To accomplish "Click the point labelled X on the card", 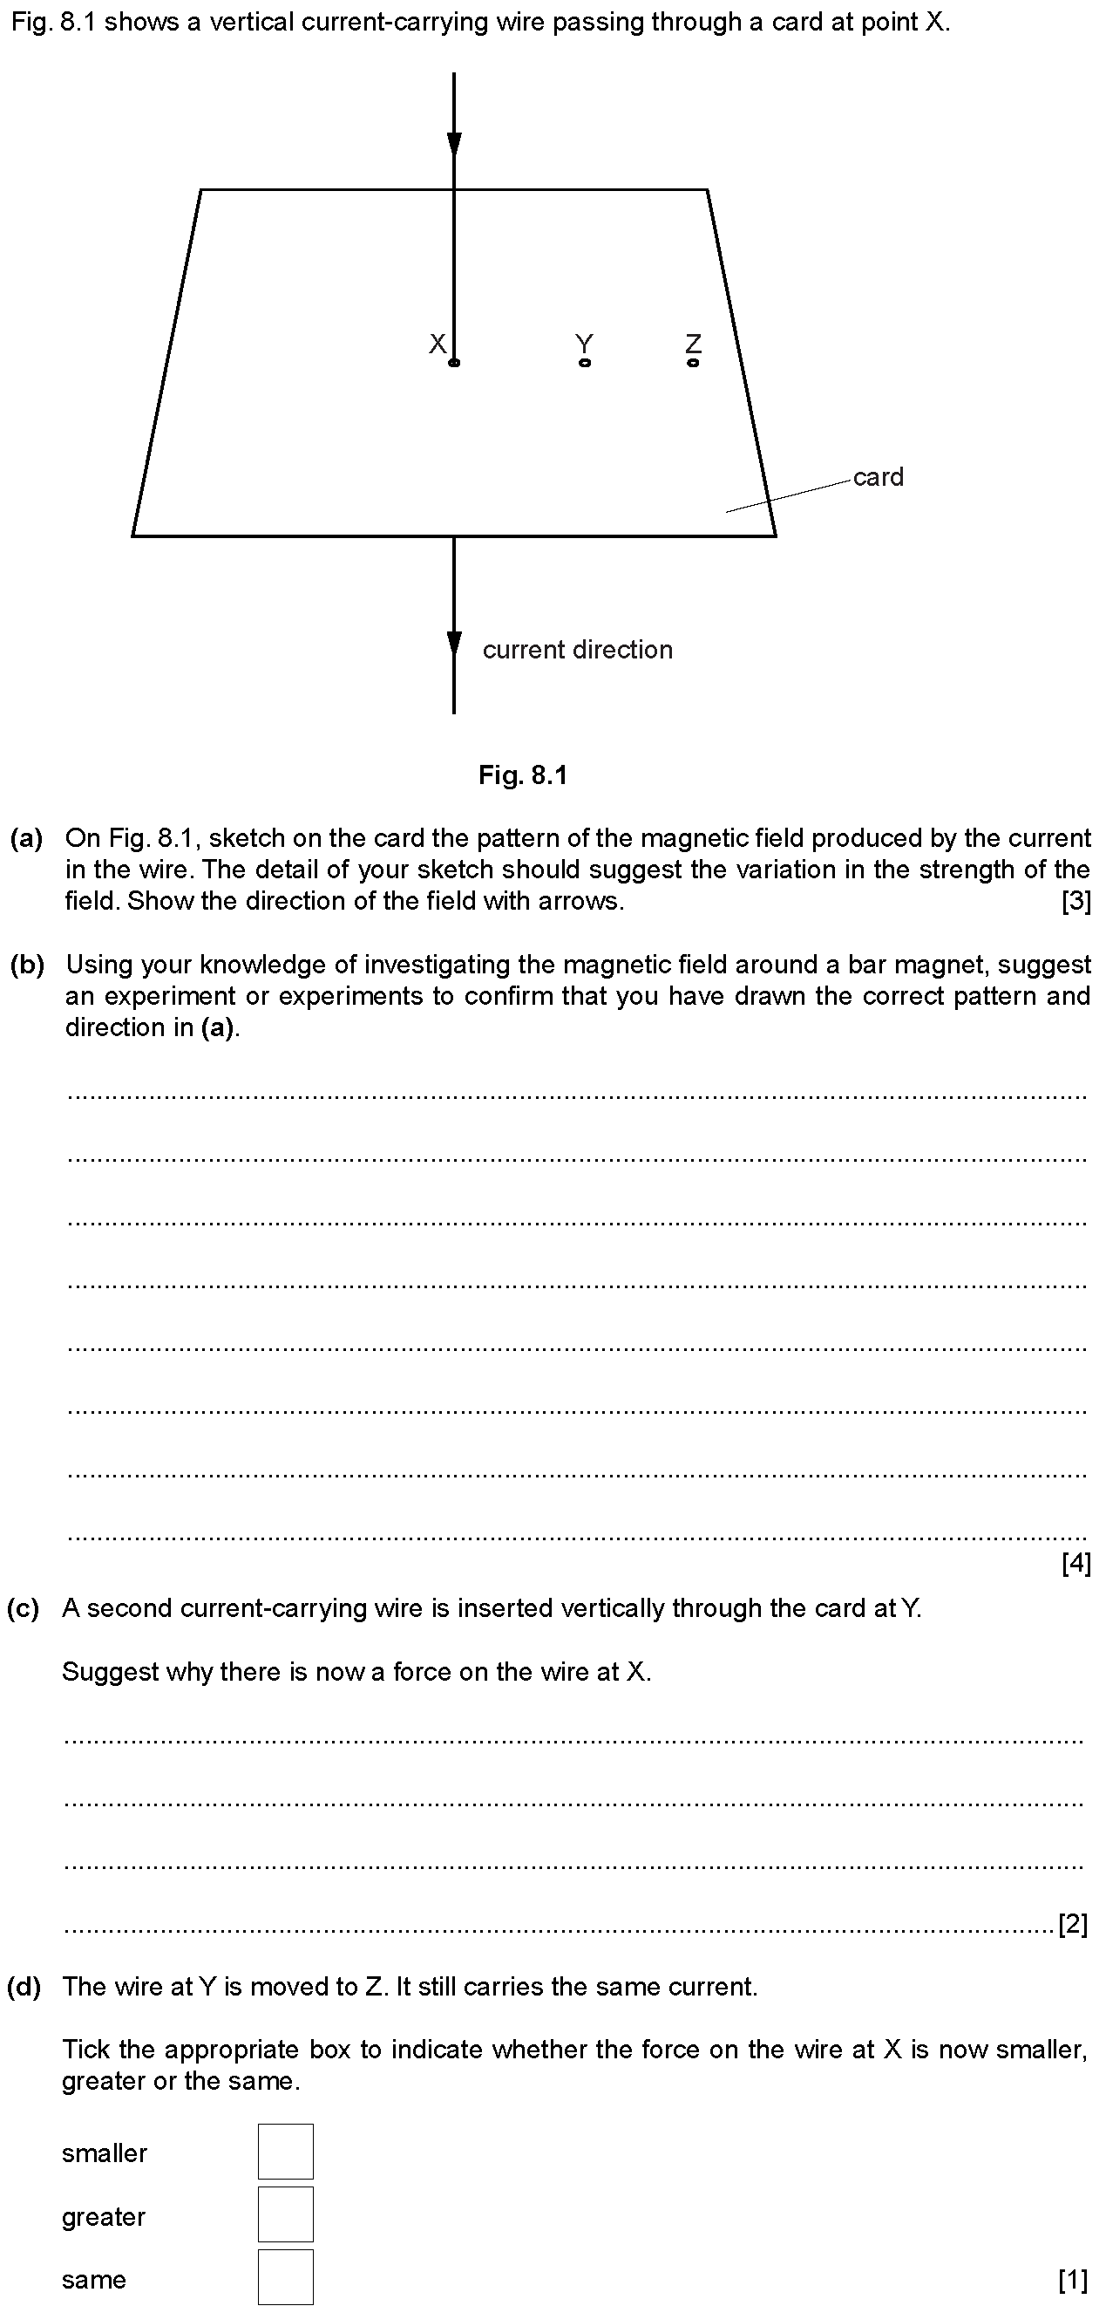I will (x=454, y=363).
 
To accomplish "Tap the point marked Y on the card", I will (x=584, y=363).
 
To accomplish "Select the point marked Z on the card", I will (x=693, y=363).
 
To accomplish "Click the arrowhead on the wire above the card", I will (x=454, y=144).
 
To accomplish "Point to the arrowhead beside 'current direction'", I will (x=454, y=644).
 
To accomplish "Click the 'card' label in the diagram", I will (x=877, y=477).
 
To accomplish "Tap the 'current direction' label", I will (x=577, y=650).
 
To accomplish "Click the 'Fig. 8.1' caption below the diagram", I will (x=523, y=774).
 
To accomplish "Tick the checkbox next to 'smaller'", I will (x=286, y=2151).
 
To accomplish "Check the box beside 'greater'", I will (x=286, y=2214).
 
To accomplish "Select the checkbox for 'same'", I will (x=286, y=2276).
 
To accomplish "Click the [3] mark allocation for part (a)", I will (x=1075, y=901).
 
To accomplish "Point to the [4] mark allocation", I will (x=1075, y=1563).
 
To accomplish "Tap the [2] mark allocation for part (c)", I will (x=1073, y=1923).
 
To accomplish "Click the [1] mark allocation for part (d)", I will (x=1073, y=2279).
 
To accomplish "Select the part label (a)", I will (x=26, y=838).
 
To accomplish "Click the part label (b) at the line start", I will (x=26, y=964).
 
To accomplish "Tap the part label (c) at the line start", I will (x=24, y=1607).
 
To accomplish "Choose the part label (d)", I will (x=24, y=1987).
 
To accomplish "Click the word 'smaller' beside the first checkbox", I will (x=104, y=2152).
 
